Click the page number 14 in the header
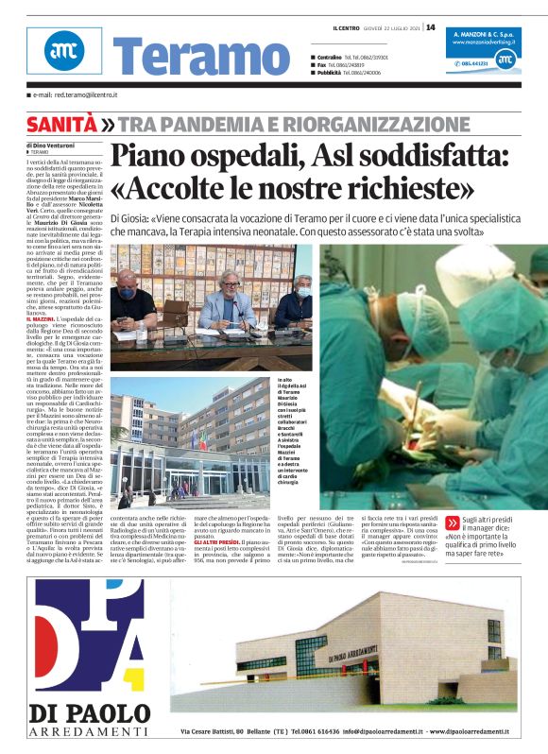(x=431, y=26)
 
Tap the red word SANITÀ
(x=61, y=124)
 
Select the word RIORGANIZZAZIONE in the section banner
(x=362, y=124)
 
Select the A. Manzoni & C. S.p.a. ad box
(x=483, y=47)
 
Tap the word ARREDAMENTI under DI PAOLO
(x=89, y=731)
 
